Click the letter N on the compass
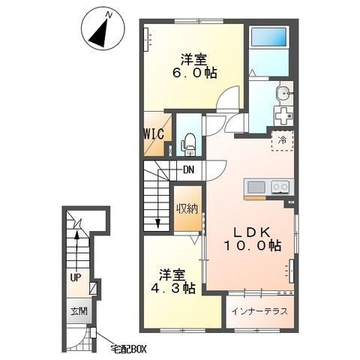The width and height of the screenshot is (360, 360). click(109, 15)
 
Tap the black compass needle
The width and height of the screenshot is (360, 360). click(100, 32)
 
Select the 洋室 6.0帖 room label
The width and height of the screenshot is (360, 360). click(193, 66)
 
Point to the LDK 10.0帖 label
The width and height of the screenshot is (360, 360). click(253, 239)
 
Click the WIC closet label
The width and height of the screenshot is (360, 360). click(154, 133)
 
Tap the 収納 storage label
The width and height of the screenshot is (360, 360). click(187, 208)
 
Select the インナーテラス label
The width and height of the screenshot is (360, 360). click(259, 311)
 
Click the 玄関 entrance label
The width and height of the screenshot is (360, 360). click(79, 311)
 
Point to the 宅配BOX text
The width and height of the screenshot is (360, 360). click(128, 349)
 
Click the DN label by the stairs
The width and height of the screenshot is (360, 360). click(189, 170)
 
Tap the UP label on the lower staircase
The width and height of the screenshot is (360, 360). click(76, 277)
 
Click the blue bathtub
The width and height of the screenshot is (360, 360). click(268, 37)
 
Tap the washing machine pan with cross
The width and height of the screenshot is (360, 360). click(283, 116)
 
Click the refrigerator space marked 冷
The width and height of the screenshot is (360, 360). click(283, 140)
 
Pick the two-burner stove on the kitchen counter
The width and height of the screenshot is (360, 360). click(280, 187)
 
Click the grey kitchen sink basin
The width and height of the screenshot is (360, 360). click(256, 187)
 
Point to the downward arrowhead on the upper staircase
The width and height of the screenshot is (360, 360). click(157, 223)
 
